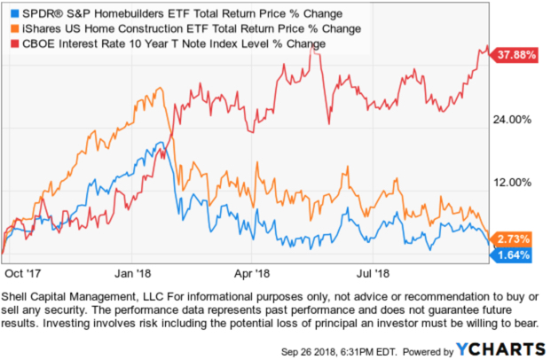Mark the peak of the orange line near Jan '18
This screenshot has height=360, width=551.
click(160, 88)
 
